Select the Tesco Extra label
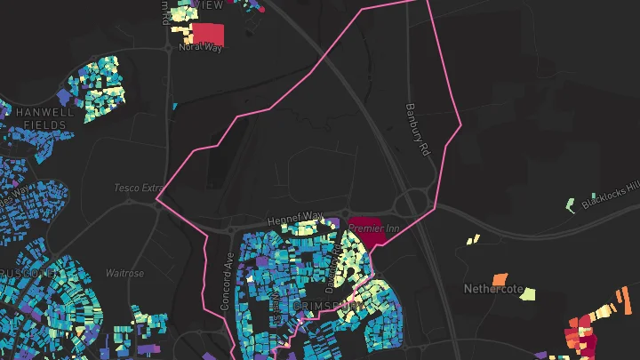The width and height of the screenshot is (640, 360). point(140,188)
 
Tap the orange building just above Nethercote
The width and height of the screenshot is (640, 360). point(500,279)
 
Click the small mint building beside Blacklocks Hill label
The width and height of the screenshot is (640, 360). point(571,205)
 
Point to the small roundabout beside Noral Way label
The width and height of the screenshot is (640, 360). point(168,50)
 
